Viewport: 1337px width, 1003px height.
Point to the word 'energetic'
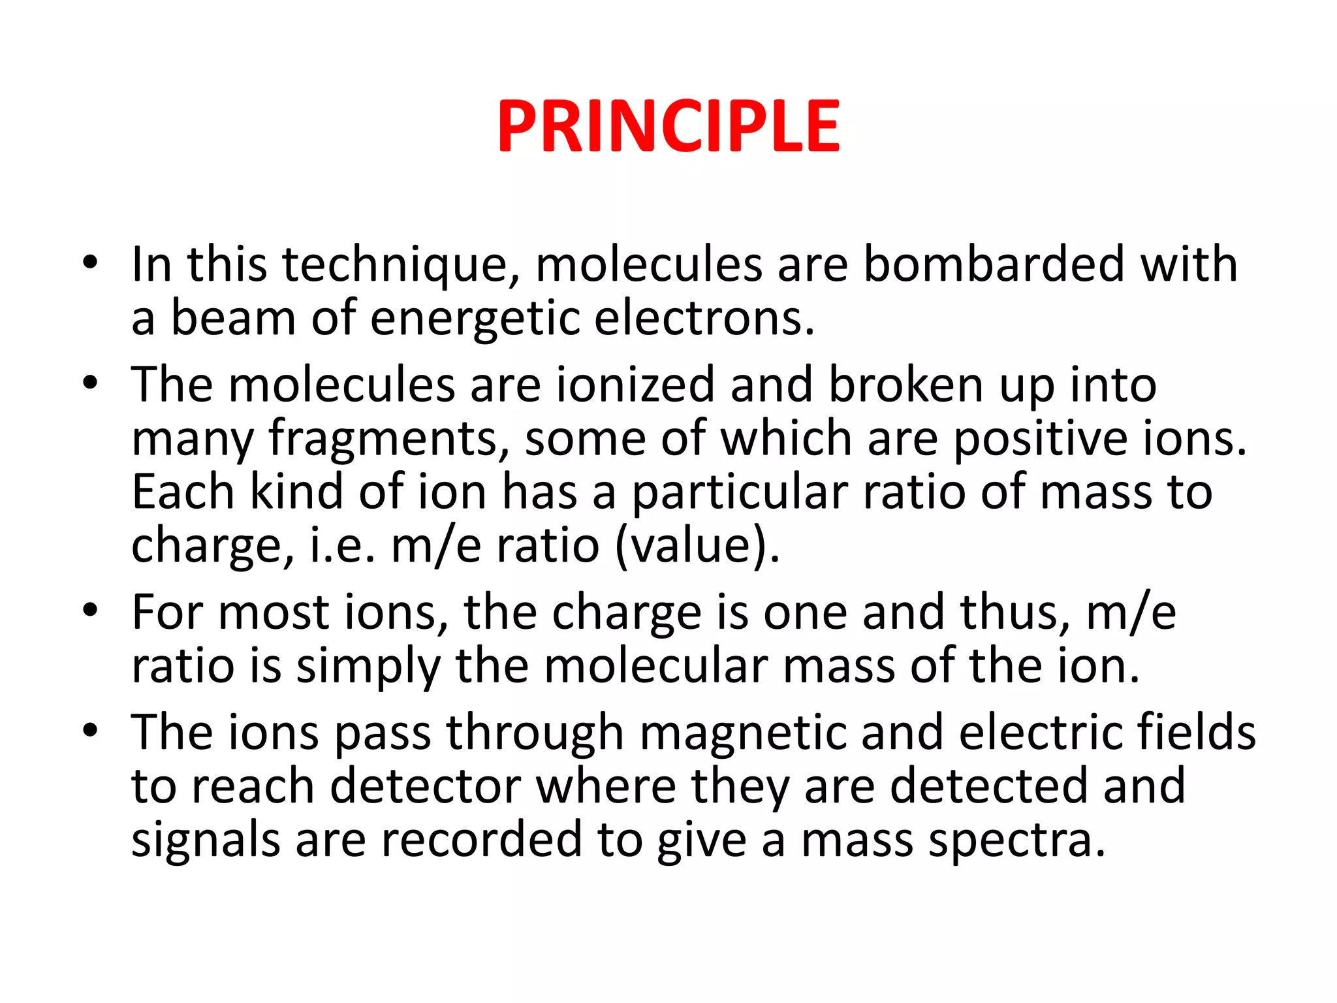point(475,318)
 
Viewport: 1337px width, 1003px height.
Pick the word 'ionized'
point(635,385)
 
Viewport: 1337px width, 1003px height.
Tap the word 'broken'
point(905,385)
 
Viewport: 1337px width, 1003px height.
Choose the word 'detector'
point(425,786)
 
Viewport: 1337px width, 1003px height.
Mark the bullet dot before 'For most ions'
point(90,611)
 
